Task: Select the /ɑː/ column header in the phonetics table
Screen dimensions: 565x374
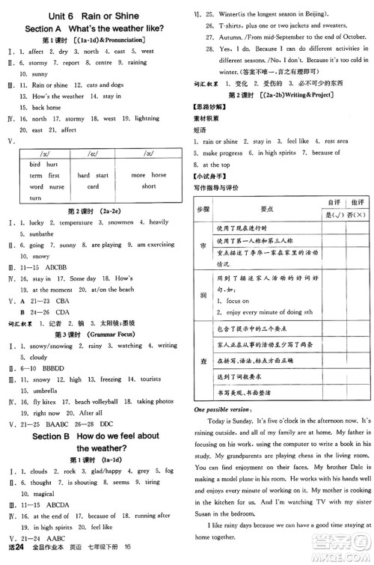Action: tap(93, 153)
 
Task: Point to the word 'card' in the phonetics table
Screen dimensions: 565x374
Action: tap(93, 186)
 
